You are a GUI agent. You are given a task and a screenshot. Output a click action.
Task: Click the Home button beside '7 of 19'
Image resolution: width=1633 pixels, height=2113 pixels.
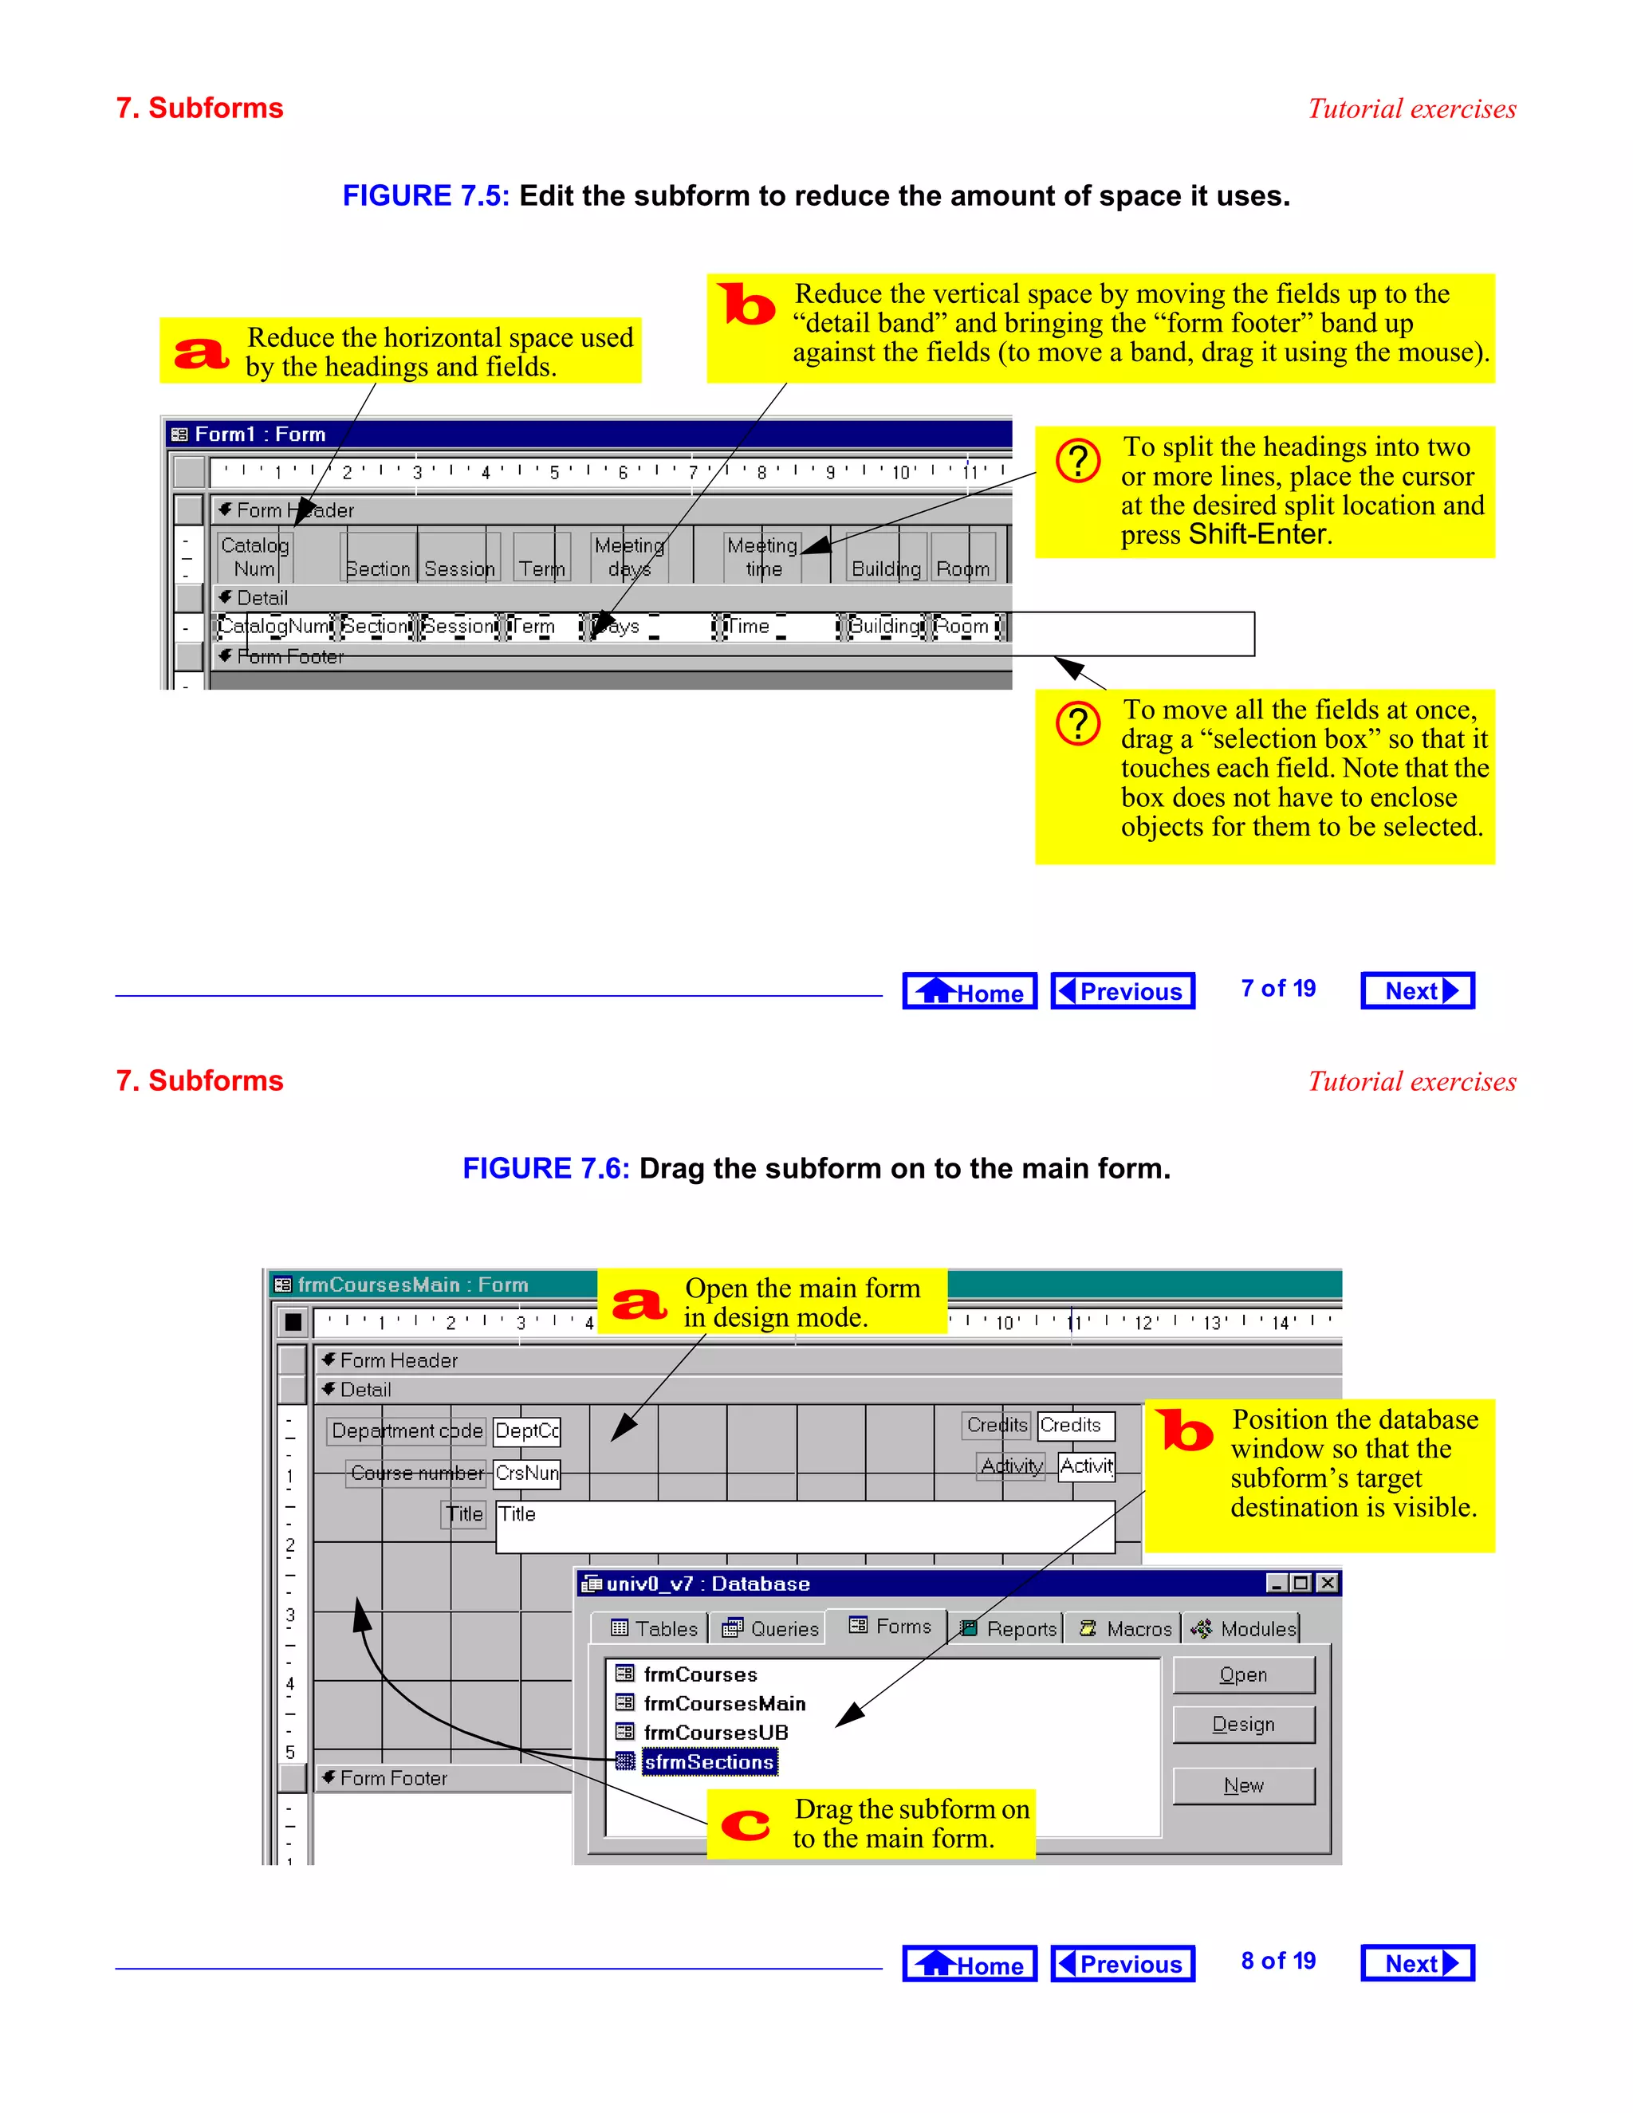pos(970,990)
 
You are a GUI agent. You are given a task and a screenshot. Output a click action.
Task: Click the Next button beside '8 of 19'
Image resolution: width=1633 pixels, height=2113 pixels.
pos(1417,1963)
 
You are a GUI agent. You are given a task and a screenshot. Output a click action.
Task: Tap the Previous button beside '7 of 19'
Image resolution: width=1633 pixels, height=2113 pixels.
pos(1122,990)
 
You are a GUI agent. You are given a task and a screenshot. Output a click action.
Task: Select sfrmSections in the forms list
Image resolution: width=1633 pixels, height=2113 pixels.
pos(709,1762)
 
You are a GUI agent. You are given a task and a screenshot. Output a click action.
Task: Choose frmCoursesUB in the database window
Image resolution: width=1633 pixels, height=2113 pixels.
pos(715,1732)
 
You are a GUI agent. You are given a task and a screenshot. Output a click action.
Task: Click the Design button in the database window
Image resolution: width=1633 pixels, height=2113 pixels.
pos(1243,1724)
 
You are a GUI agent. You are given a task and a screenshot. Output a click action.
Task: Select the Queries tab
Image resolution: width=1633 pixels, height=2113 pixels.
pos(771,1628)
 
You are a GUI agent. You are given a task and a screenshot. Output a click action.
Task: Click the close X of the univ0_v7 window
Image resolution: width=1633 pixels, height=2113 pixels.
pos(1328,1583)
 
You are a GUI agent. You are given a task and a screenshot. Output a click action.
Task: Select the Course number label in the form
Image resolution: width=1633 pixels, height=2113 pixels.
pos(416,1473)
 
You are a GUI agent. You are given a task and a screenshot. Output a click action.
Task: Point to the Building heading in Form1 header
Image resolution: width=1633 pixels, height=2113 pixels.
pos(885,569)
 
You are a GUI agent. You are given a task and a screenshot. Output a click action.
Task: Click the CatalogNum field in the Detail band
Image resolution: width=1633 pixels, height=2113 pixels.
pos(273,626)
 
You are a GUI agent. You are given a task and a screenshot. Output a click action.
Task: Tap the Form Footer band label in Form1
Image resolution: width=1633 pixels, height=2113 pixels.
pos(289,657)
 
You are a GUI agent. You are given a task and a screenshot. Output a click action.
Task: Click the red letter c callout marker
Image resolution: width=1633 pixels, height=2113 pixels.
pos(745,1824)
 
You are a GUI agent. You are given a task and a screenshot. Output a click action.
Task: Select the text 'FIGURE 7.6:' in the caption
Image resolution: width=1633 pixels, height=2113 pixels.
pos(545,1169)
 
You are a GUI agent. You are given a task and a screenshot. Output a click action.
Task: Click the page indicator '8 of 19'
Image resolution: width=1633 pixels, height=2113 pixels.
pos(1277,1962)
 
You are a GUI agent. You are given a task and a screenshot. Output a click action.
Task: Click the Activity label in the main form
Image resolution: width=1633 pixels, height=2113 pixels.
pos(1011,1466)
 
